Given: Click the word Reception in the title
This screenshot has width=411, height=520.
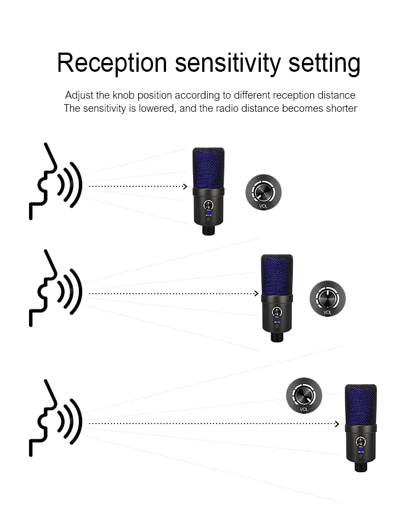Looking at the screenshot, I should pyautogui.click(x=112, y=63).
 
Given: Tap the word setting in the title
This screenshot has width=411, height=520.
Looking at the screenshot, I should pyautogui.click(x=324, y=64).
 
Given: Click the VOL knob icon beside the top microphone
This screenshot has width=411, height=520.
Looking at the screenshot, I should pyautogui.click(x=263, y=193).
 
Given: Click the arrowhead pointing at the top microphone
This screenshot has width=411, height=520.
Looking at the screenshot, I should pyautogui.click(x=185, y=186).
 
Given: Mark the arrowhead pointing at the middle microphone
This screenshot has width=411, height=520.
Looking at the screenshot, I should pyautogui.click(x=255, y=293).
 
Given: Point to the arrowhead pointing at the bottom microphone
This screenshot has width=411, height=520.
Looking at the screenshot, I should pyautogui.click(x=337, y=423).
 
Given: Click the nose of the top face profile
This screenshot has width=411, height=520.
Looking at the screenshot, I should pyautogui.click(x=55, y=167).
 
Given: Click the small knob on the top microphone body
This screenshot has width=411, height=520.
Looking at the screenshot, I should pyautogui.click(x=208, y=205).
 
